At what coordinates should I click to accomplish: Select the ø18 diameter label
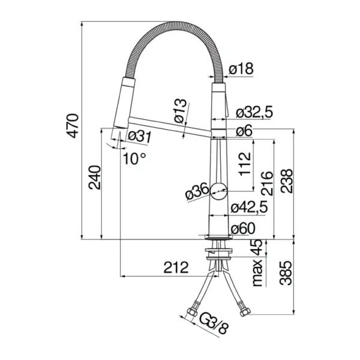[x=241, y=70]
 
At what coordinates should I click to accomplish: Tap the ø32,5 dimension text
[x=255, y=112]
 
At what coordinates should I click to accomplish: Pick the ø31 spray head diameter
[x=138, y=136]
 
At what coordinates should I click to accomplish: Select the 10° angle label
[x=134, y=158]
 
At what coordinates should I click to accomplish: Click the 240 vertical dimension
[x=94, y=176]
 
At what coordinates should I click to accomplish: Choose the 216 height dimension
[x=267, y=182]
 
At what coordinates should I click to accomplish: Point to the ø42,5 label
[x=248, y=208]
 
